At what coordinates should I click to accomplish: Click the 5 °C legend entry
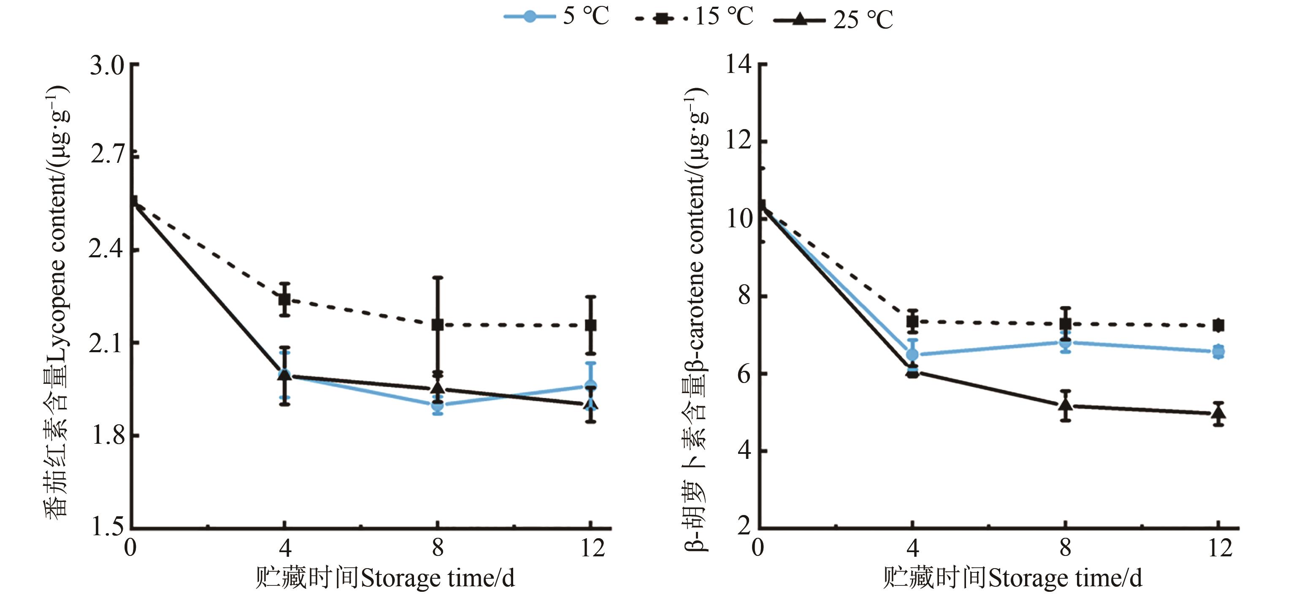pos(556,16)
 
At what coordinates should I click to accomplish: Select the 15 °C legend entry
pos(694,18)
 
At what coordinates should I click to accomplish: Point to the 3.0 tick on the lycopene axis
pos(107,65)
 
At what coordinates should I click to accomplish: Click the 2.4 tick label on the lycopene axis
pos(107,249)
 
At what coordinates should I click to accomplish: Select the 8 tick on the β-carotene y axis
pos(744,296)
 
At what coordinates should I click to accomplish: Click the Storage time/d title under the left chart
pos(385,578)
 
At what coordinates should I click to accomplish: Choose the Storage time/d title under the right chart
pos(1012,578)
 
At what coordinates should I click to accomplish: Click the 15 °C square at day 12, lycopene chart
pos(591,325)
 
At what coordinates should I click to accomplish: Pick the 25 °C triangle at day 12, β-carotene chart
pos(1218,413)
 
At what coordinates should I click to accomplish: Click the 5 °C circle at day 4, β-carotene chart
pos(912,355)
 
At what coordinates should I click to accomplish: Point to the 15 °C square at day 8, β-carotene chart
pos(1065,324)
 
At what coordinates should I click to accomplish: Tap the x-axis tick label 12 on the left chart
pos(592,548)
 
